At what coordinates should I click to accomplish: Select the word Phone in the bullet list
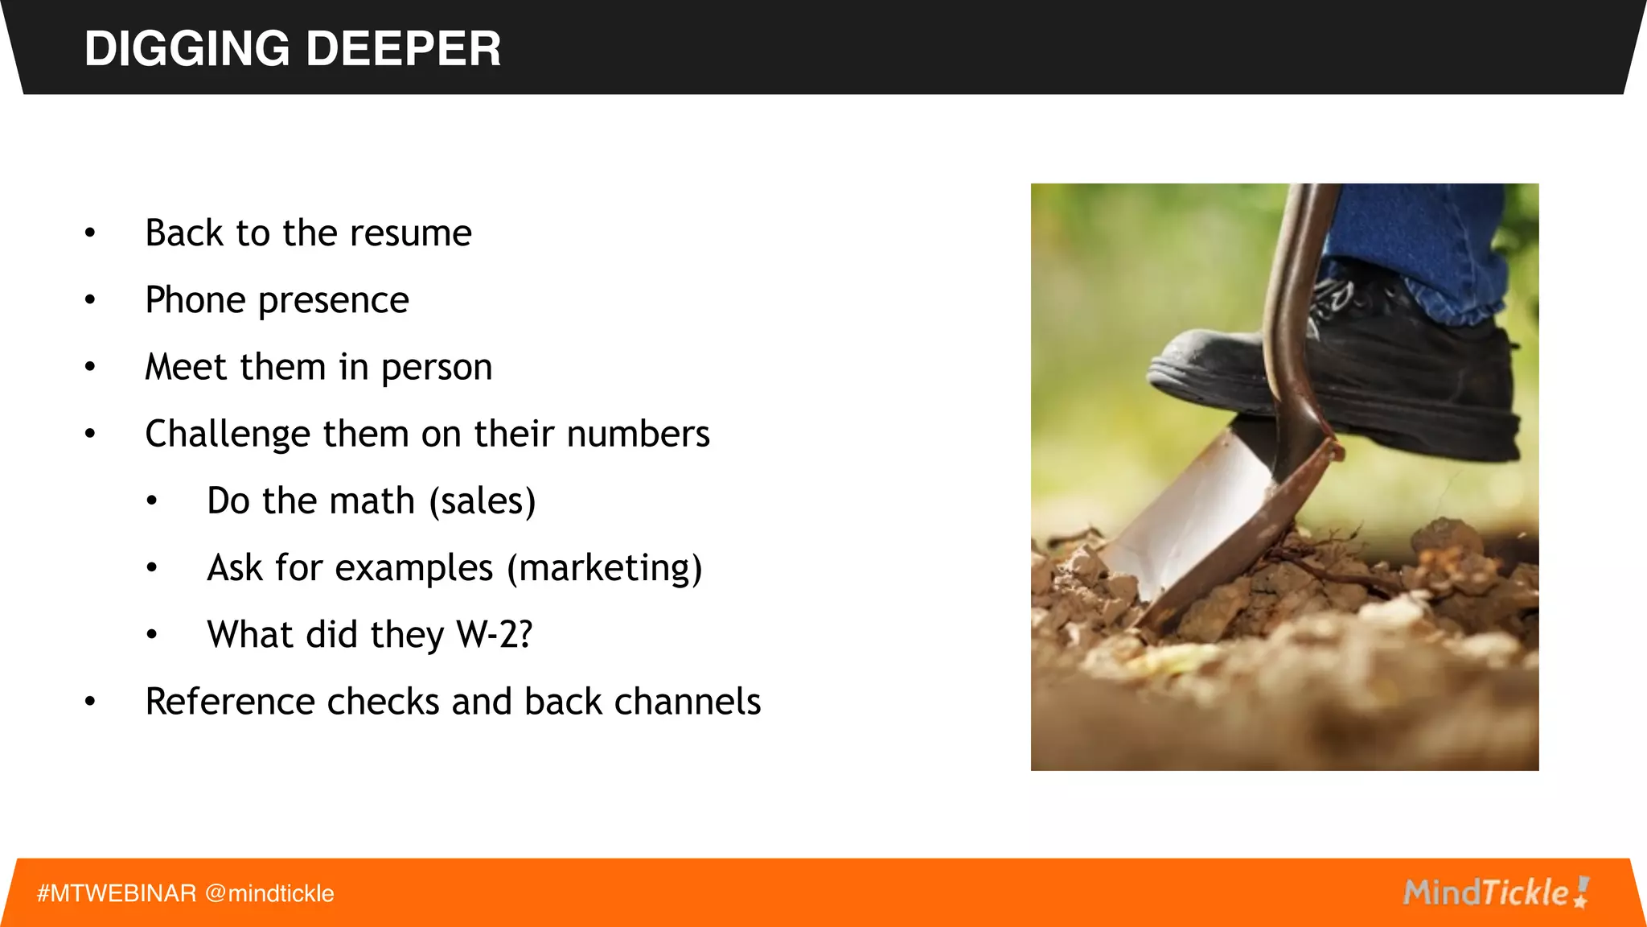tap(195, 300)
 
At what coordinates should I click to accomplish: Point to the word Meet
tap(186, 367)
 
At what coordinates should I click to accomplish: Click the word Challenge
tap(228, 435)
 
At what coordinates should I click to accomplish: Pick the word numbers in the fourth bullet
tap(638, 434)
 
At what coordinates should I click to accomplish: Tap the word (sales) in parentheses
tap(482, 501)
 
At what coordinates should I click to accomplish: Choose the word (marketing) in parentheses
tap(604, 568)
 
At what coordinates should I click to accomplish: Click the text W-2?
tap(494, 635)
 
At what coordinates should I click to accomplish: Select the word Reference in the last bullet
tap(229, 702)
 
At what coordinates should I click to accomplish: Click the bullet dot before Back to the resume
tap(90, 233)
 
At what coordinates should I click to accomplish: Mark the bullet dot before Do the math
tap(152, 501)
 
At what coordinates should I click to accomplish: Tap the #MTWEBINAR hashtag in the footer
tap(117, 893)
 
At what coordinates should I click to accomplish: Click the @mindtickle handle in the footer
tap(269, 893)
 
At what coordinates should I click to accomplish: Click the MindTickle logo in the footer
tap(1495, 892)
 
